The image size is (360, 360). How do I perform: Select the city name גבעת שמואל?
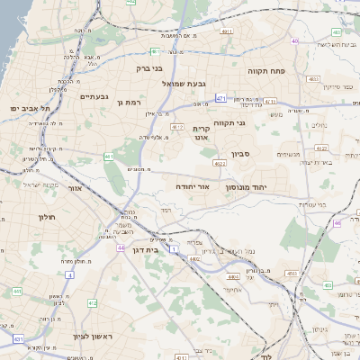coord(185,83)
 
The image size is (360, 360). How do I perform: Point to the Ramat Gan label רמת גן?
coord(130,103)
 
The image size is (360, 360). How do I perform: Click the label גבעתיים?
coord(94,96)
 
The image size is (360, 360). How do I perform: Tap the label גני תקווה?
coord(231,121)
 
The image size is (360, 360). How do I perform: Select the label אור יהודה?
coord(192,185)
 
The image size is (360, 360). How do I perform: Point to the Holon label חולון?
coord(47,218)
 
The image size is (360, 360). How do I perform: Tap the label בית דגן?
coord(144,250)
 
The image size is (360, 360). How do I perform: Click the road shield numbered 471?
coord(220,98)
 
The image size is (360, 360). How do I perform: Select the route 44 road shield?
coord(121,247)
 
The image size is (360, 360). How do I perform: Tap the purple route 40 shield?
coord(295,40)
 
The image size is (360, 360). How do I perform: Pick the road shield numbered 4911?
coord(227,31)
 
